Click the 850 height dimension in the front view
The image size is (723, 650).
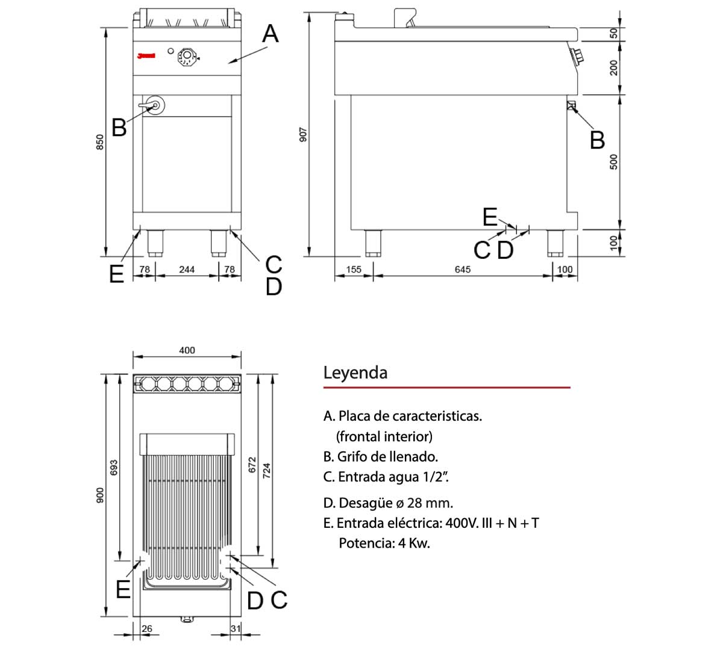click(x=101, y=141)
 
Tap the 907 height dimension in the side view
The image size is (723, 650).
click(x=304, y=134)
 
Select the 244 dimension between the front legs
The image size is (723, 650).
click(x=187, y=270)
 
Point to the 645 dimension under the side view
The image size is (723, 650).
click(x=462, y=270)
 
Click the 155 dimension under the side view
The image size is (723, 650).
click(x=354, y=270)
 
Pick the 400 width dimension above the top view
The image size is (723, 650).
click(x=187, y=350)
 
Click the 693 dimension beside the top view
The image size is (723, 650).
click(x=114, y=468)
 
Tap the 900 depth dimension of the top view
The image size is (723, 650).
click(x=101, y=495)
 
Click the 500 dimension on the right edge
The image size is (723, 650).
click(x=614, y=161)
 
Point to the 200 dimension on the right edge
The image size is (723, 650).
click(x=614, y=67)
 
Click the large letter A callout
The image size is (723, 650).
click(x=271, y=34)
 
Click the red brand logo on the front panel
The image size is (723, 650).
click(x=146, y=56)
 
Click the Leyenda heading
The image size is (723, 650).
click(x=355, y=373)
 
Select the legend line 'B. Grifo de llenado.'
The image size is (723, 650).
click(x=380, y=456)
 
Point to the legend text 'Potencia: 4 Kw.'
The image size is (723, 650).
click(x=384, y=543)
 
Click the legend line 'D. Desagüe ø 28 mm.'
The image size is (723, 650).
click(x=388, y=503)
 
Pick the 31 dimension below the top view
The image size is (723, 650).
click(x=236, y=628)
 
